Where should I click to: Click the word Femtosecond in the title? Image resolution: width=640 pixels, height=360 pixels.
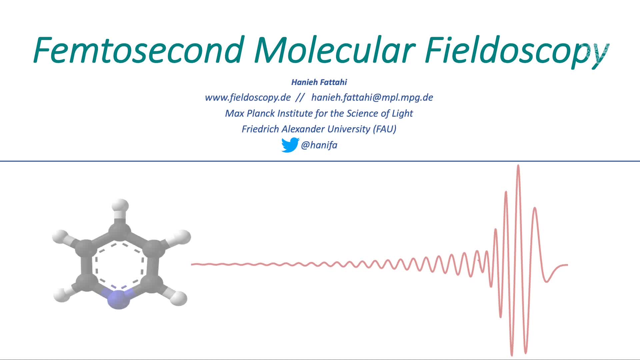coord(138,50)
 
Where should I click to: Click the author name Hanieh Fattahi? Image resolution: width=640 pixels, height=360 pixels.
coord(319,82)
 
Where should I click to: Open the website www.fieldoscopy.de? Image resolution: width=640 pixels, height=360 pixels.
coord(248,97)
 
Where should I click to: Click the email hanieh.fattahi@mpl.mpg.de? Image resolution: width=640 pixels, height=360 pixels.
coord(372,98)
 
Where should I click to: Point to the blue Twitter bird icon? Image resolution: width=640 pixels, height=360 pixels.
coord(290,145)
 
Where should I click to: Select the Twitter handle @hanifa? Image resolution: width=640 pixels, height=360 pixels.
coord(319,145)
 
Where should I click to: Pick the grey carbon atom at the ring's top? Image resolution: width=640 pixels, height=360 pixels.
coord(120,229)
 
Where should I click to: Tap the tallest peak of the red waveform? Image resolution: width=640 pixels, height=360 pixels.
coord(518,165)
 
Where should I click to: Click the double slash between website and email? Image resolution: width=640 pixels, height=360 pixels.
coord(300,97)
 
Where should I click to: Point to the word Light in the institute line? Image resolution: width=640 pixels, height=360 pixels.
coord(402,114)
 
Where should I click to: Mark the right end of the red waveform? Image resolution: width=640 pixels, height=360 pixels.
coord(568,265)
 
